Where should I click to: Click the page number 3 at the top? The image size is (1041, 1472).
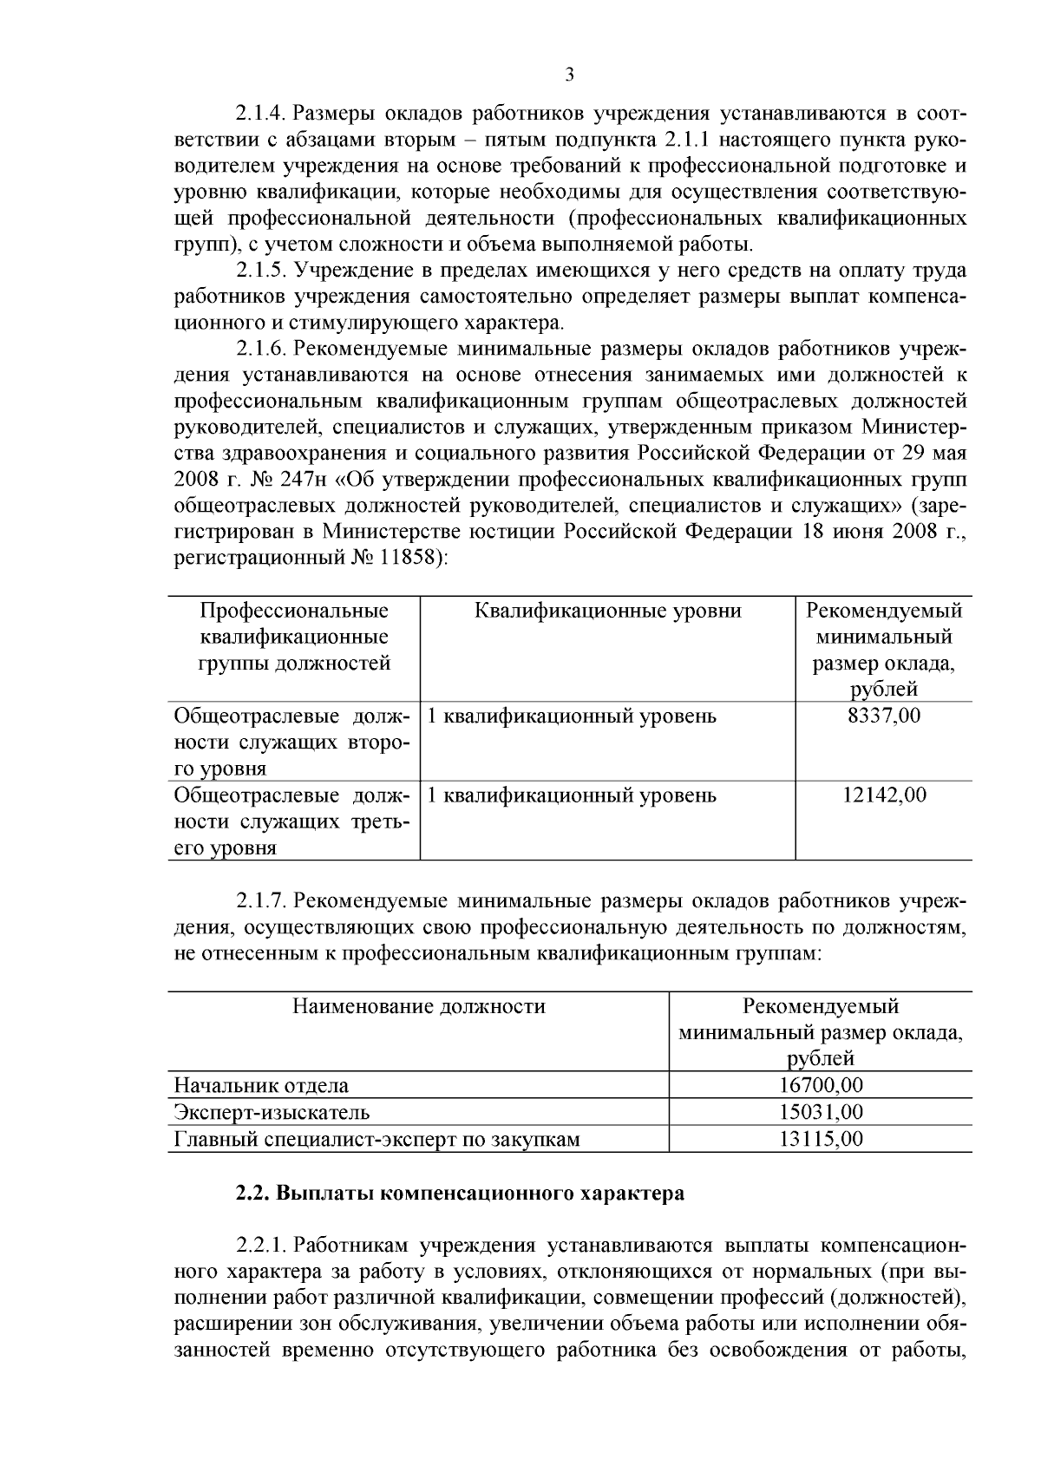tap(569, 75)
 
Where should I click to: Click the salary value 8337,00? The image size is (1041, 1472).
tap(884, 716)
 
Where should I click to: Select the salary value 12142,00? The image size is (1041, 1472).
tap(884, 795)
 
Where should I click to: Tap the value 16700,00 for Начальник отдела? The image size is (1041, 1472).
tap(820, 1084)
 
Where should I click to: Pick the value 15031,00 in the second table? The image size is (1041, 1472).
tap(820, 1111)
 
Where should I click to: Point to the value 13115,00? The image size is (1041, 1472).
tap(820, 1138)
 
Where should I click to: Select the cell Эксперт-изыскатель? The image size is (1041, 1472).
tap(272, 1111)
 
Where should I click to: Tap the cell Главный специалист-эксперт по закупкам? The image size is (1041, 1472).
tap(376, 1138)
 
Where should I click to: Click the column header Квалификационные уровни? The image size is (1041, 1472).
tap(607, 611)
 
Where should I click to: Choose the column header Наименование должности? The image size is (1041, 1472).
tap(418, 1006)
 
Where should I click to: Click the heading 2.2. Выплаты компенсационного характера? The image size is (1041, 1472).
tap(460, 1193)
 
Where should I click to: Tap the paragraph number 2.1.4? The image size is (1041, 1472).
tap(261, 114)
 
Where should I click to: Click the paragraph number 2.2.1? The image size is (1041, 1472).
tap(261, 1246)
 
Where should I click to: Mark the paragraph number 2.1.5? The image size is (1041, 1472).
tap(261, 271)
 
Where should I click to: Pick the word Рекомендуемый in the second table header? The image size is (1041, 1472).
tap(820, 1006)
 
